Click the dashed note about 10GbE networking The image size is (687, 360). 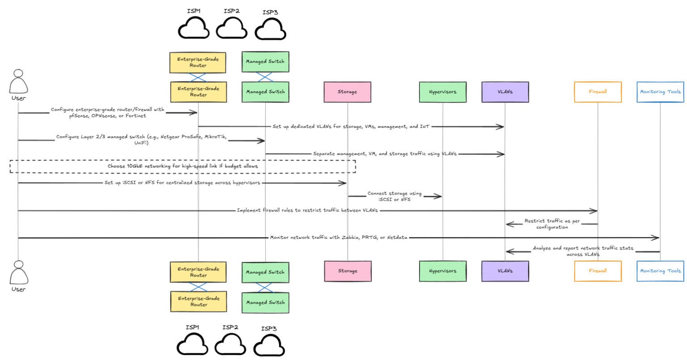pos(182,166)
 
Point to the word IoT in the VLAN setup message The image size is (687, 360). pos(425,127)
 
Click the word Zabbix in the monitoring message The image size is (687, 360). pos(352,237)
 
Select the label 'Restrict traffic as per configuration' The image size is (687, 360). pos(552,224)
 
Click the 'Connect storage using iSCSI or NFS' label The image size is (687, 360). pos(394,196)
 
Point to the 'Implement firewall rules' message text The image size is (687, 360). pos(307,210)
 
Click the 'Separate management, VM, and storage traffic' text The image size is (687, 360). pos(385,154)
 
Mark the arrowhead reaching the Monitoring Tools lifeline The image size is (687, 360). pos(656,238)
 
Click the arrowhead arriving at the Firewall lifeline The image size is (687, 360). pos(594,211)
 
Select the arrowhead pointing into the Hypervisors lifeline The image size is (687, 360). pos(439,196)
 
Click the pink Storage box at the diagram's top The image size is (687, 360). pos(348,92)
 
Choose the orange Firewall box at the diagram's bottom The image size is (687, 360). pos(598,271)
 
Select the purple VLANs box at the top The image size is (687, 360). pos(505,92)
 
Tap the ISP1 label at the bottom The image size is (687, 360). pos(193,327)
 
